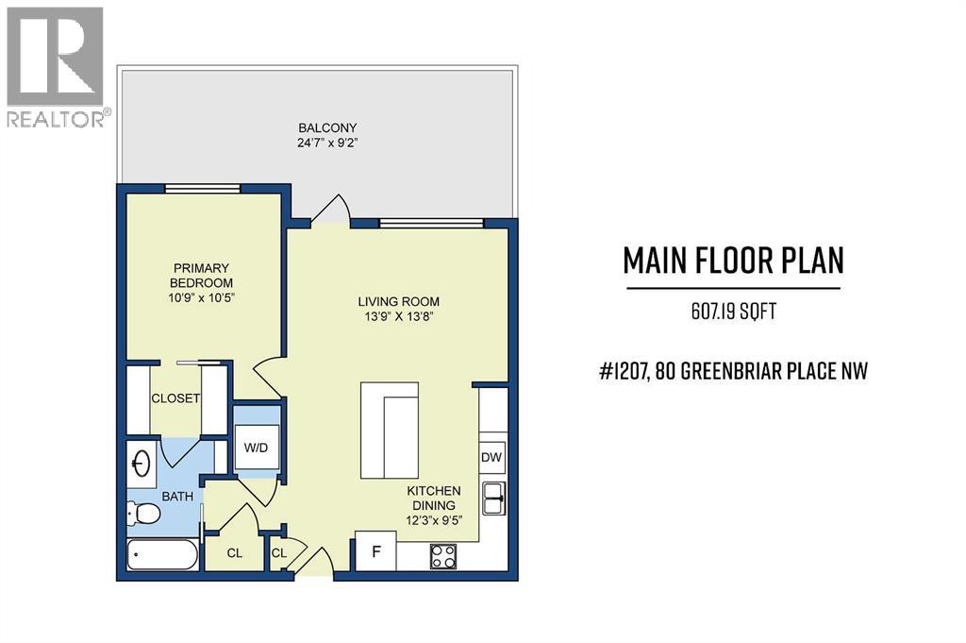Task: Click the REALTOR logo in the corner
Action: click(55, 65)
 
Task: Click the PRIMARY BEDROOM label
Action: click(200, 275)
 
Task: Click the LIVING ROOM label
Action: click(398, 302)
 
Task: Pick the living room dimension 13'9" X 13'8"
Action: click(398, 317)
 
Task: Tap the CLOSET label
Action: click(175, 398)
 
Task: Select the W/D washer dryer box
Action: click(257, 448)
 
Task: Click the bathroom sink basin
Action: click(142, 464)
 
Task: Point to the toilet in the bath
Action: click(143, 515)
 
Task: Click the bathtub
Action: click(162, 556)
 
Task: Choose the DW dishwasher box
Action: click(491, 457)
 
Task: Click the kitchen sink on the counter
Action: click(493, 498)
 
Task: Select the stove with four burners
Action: click(443, 555)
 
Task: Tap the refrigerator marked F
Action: click(375, 552)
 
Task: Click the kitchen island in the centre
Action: click(390, 431)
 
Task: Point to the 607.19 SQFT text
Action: click(733, 312)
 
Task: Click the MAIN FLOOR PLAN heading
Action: click(733, 261)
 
